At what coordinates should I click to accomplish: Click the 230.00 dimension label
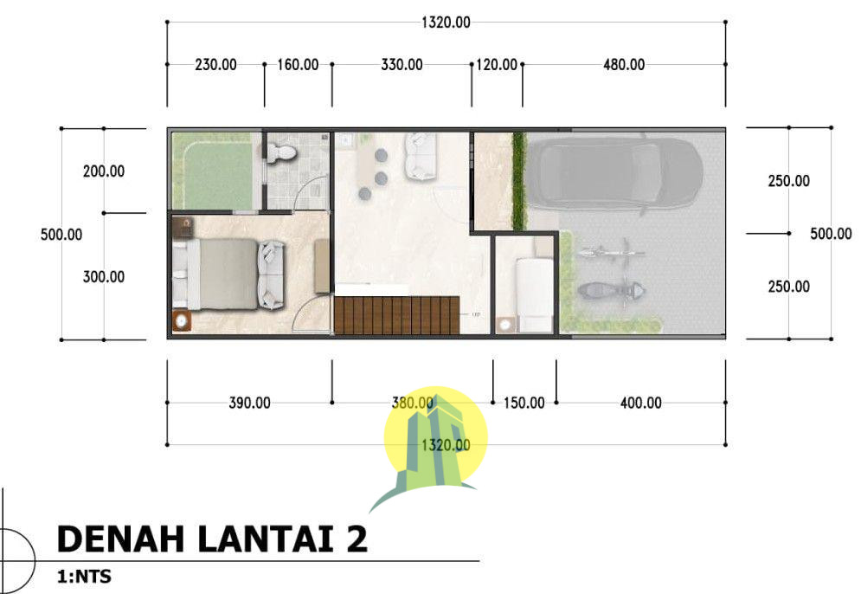click(215, 65)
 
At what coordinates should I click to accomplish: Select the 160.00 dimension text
click(298, 65)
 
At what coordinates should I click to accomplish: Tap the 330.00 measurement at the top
click(402, 65)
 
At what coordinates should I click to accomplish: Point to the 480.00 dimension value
click(623, 65)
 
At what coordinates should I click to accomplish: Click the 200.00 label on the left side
click(104, 171)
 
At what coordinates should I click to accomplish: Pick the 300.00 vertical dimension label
click(104, 277)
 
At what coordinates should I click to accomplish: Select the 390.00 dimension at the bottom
click(249, 403)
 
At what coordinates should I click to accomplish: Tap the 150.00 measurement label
click(524, 403)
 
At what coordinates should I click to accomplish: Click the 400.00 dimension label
click(640, 403)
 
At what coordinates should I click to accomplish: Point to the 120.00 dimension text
click(497, 65)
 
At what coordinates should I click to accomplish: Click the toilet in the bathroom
click(282, 153)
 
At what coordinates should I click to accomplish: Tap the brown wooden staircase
click(396, 315)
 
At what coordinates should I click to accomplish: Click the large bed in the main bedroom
click(225, 274)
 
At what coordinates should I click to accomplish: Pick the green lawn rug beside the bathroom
click(213, 171)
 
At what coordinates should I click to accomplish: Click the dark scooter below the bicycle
click(610, 291)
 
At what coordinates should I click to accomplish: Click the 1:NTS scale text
click(84, 575)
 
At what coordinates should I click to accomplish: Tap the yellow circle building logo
click(435, 437)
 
